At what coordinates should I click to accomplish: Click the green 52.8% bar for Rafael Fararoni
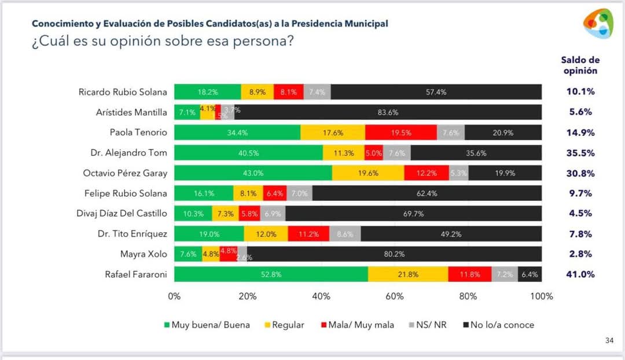(x=271, y=274)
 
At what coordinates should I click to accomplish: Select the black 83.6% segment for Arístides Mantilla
(x=388, y=112)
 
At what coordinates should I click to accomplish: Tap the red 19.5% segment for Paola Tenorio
(x=401, y=133)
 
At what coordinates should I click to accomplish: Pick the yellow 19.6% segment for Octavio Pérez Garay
(x=368, y=173)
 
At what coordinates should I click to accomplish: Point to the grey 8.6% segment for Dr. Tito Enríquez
(x=345, y=234)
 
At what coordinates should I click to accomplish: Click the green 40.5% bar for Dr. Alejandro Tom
(x=248, y=153)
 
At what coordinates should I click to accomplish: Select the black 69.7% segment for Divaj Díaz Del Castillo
(x=413, y=214)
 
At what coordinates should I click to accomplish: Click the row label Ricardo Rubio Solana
(x=123, y=91)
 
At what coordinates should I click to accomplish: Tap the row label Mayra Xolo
(x=144, y=254)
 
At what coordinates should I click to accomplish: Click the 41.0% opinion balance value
(x=580, y=274)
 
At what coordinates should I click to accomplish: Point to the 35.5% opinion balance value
(x=580, y=153)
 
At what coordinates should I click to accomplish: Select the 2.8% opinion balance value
(x=580, y=254)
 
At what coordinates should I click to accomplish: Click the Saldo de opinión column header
(x=580, y=65)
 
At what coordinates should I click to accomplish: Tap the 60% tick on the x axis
(x=395, y=296)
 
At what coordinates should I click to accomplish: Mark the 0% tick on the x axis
(x=174, y=296)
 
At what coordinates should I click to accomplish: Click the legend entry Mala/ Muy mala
(x=357, y=325)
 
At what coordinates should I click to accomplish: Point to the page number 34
(x=609, y=340)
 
